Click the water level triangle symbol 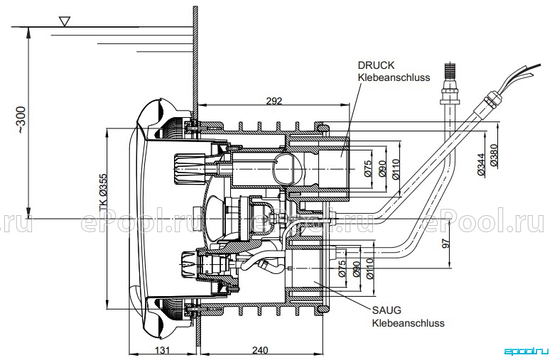[65, 21]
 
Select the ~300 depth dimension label [21, 120]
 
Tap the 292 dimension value [274, 101]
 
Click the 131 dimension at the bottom [162, 350]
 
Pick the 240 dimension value [260, 350]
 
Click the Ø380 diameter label [494, 155]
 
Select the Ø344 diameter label [481, 164]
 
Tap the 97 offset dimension [445, 244]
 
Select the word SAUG [386, 310]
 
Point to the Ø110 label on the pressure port [395, 170]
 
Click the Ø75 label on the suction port [342, 269]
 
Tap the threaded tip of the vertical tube [450, 71]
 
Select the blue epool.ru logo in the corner [526, 351]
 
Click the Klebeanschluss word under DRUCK [394, 77]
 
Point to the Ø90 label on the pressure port [383, 169]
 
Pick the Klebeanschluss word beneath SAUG [408, 322]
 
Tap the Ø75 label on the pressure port [368, 169]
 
